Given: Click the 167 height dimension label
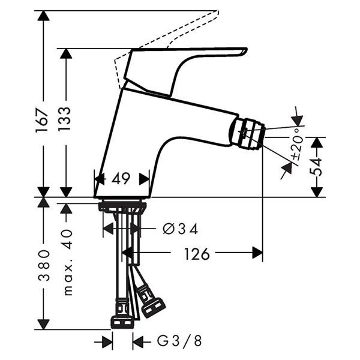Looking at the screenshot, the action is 42,121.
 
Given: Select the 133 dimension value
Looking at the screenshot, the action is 65,119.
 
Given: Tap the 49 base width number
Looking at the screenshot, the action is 121,178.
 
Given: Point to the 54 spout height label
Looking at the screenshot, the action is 316,166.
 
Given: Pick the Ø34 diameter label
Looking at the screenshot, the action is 181,229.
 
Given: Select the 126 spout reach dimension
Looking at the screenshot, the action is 197,254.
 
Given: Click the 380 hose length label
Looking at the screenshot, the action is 44,266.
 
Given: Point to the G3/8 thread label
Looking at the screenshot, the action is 179,341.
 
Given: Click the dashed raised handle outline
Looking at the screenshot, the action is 166,49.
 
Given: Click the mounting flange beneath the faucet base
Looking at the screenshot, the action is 122,206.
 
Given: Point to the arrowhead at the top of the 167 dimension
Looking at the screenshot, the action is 44,16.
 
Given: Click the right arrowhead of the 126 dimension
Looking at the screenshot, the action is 257,253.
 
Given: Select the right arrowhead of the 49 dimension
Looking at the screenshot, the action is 145,179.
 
